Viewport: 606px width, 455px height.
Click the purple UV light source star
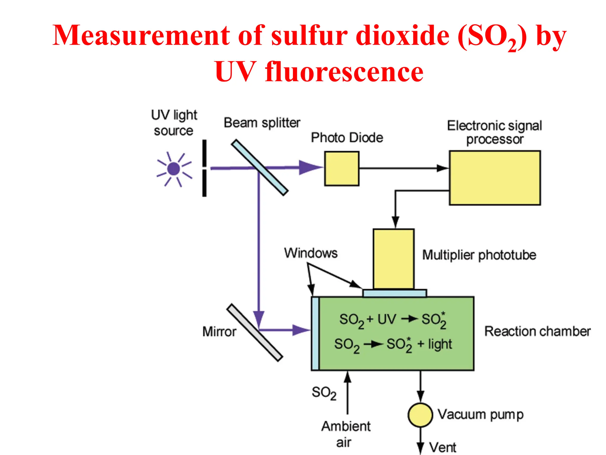(174, 169)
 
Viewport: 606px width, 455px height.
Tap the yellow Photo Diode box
(342, 169)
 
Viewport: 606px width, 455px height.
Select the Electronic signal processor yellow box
(495, 178)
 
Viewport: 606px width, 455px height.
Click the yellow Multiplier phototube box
(393, 259)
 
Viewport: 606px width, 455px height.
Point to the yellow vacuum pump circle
(420, 415)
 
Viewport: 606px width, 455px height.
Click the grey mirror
(255, 332)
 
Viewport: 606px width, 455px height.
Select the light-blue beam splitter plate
(260, 168)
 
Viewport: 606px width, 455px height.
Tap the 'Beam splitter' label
(262, 123)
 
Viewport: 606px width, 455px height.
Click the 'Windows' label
(311, 253)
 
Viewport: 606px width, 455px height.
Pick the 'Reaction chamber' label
(537, 331)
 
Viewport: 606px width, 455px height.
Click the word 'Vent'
(443, 447)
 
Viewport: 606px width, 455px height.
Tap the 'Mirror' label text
(219, 331)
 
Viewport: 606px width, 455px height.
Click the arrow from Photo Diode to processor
(404, 168)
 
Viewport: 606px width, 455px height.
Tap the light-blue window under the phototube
(394, 293)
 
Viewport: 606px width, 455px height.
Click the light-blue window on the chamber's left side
(315, 333)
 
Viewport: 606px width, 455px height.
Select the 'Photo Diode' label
(347, 138)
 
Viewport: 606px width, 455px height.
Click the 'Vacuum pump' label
(481, 414)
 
